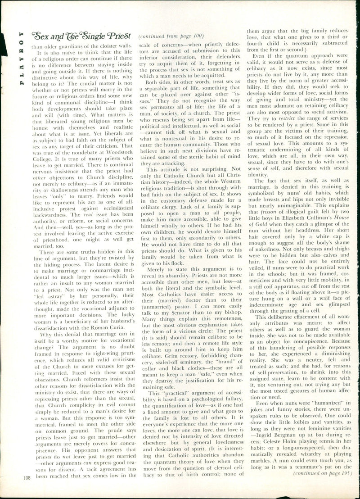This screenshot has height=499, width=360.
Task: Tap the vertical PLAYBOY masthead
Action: click(x=21, y=59)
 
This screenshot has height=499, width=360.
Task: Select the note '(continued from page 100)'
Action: click(x=171, y=36)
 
